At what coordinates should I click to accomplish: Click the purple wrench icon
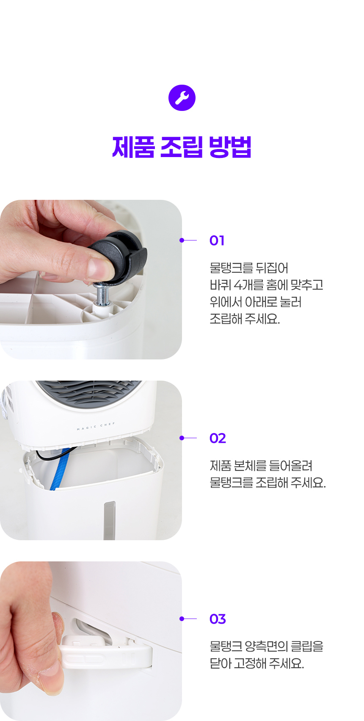tap(182, 98)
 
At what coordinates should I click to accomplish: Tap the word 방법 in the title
tap(230, 147)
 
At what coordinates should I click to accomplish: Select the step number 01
tap(217, 240)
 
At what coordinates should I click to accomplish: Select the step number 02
tap(218, 438)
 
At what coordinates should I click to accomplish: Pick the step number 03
tap(218, 619)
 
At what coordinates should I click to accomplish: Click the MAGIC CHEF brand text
tap(96, 426)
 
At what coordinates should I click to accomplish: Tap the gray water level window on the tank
tap(110, 520)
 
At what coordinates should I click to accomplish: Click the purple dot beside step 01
tap(182, 240)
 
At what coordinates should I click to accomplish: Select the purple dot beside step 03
tap(182, 619)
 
